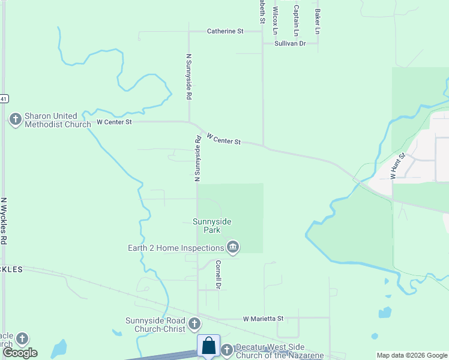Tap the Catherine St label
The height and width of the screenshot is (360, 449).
[225, 31]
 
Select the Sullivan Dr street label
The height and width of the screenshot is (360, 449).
[290, 44]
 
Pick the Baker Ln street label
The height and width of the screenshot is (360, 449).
[318, 21]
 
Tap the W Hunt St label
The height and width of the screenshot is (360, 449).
[398, 166]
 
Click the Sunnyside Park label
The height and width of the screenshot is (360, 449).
[211, 226]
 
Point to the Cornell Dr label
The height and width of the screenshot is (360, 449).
[218, 274]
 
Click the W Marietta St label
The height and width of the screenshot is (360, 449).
[262, 319]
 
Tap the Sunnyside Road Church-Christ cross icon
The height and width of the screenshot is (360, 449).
[194, 324]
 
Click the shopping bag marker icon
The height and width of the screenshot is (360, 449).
[208, 346]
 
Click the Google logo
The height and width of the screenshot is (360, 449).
[20, 353]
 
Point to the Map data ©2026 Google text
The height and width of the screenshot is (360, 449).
[412, 355]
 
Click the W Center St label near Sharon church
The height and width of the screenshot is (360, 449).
[114, 122]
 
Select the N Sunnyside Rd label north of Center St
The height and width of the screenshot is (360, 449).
[188, 76]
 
